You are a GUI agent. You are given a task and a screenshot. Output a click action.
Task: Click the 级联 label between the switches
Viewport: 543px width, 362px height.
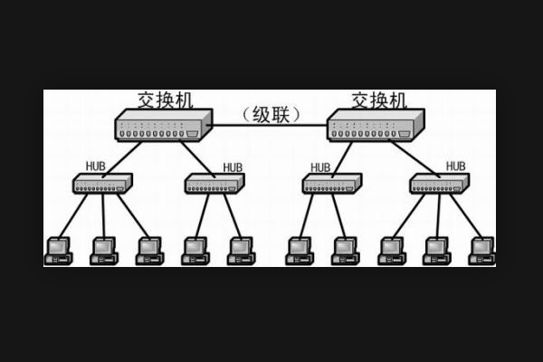(x=271, y=115)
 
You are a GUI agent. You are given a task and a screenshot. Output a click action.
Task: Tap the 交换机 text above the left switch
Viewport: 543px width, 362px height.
(x=166, y=100)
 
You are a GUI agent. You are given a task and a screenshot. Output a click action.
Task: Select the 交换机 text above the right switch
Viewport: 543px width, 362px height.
(x=379, y=100)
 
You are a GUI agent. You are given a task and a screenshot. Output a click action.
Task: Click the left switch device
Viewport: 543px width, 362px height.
(x=163, y=125)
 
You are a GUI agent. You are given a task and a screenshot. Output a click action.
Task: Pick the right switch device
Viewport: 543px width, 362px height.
(x=376, y=125)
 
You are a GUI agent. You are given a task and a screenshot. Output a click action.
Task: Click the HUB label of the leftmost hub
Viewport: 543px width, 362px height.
(x=96, y=167)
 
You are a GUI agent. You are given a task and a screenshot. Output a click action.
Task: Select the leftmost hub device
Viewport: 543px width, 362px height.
(x=102, y=183)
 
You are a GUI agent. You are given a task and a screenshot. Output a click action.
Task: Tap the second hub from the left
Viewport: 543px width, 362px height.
(x=214, y=183)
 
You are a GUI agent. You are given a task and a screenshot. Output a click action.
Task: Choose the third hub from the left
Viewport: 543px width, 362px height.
(x=332, y=183)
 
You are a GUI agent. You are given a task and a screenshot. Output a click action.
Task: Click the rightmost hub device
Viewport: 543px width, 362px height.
(x=440, y=183)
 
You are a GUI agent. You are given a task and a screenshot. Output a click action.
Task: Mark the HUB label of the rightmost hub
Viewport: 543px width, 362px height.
(x=456, y=167)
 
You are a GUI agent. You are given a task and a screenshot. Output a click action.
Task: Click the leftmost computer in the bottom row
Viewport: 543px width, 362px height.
(x=58, y=252)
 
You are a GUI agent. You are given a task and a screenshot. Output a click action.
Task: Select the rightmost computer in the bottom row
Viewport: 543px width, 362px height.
(x=482, y=252)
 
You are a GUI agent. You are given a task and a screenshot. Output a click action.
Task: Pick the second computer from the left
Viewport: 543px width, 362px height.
(x=104, y=252)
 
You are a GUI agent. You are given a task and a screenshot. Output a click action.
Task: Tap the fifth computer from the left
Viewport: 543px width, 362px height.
(x=241, y=252)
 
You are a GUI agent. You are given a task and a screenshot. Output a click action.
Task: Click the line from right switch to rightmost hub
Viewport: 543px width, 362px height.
(x=415, y=159)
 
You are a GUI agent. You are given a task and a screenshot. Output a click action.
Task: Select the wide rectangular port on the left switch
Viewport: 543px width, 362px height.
(x=192, y=134)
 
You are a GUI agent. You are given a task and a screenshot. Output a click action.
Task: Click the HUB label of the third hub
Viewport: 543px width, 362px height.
(x=320, y=167)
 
